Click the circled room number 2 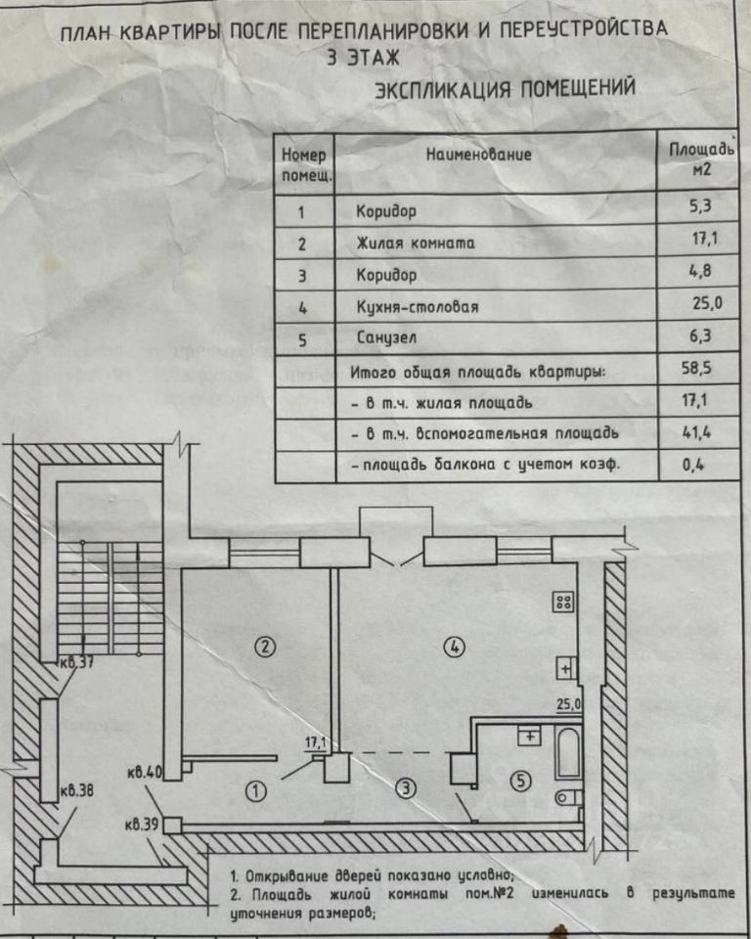pos(262,646)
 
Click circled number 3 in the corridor pos(404,787)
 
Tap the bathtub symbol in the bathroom pos(567,753)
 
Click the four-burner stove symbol pos(563,603)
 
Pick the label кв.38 pos(76,790)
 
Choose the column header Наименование pos(478,155)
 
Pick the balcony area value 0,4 pos(697,466)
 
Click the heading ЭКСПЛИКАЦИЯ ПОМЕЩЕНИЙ pos(506,90)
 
